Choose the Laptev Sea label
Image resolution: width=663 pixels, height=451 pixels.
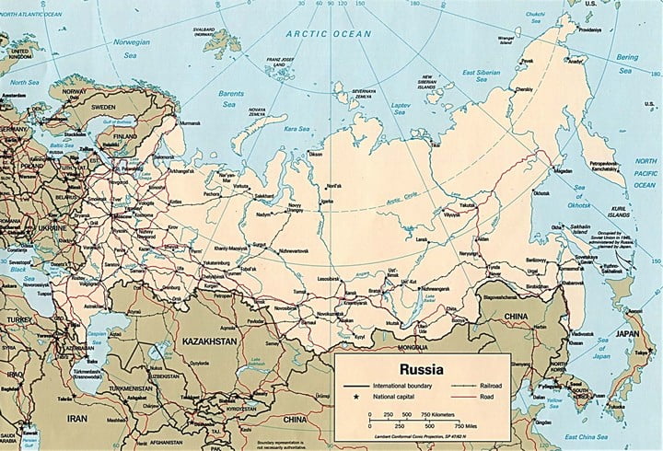pos(401,108)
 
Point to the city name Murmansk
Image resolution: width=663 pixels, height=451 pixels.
pos(190,122)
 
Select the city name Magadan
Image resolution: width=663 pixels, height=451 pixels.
pos(564,170)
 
